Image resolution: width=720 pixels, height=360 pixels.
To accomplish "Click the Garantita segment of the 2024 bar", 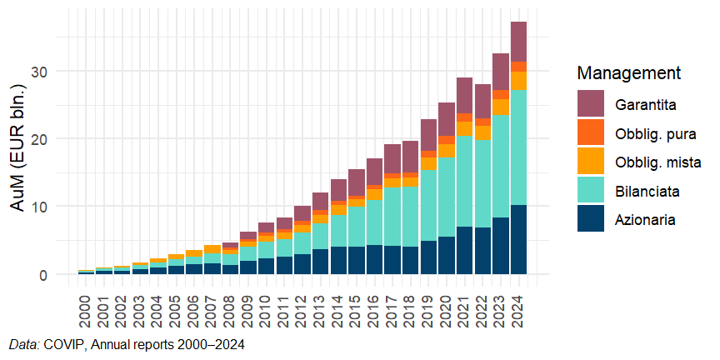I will [519, 42].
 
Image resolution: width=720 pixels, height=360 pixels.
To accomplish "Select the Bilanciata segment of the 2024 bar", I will [519, 147].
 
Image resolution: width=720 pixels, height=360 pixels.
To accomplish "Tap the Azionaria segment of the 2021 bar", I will [465, 250].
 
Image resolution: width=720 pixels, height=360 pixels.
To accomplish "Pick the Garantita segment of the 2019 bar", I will [428, 135].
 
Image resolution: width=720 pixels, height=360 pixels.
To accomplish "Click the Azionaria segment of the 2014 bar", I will [338, 260].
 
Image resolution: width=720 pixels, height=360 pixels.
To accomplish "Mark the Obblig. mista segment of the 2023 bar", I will [501, 107].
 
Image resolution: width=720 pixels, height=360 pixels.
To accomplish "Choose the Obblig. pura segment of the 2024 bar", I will [519, 67].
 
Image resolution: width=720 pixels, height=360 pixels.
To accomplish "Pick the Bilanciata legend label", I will [648, 191].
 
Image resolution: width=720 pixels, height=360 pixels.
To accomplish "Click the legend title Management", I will [629, 72].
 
